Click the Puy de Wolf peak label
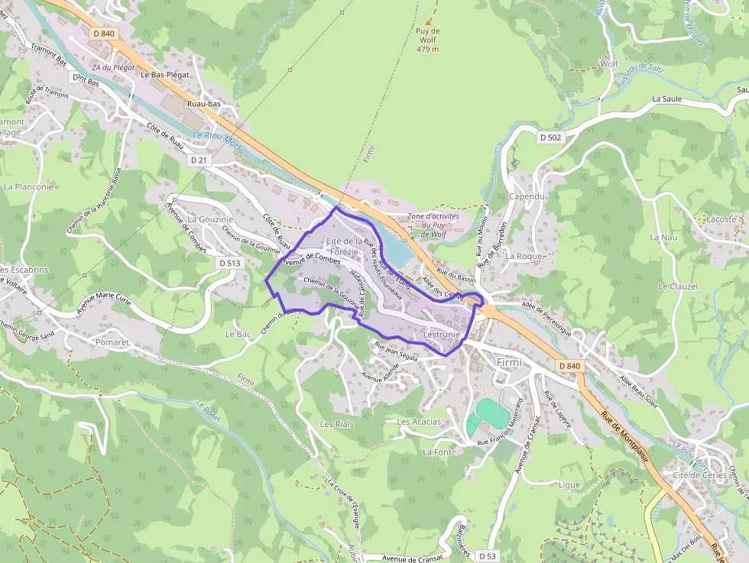coord(428,40)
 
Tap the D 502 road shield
coord(549,138)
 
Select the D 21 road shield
coord(199,160)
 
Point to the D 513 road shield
coord(229,263)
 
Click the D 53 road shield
coord(487,555)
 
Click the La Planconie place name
coord(28,186)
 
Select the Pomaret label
coord(113,343)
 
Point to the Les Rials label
coord(337,424)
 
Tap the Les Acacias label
coord(419,422)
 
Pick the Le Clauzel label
coord(678,286)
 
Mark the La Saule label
coord(666,99)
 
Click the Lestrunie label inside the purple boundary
coord(441,335)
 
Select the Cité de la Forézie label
coord(344,246)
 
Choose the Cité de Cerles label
coord(699,475)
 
